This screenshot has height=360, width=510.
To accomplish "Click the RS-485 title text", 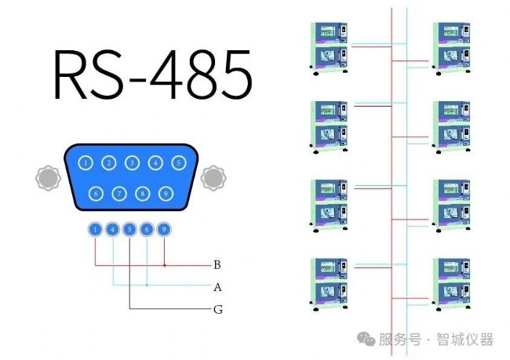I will [x=153, y=77].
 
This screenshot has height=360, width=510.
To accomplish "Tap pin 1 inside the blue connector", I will [x=86, y=163].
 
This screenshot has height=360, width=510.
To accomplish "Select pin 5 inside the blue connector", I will [x=180, y=163].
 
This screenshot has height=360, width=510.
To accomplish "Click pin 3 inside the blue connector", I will [x=133, y=163].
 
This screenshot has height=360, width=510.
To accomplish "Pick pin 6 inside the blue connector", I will [x=96, y=192].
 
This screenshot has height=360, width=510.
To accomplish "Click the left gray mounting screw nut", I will [x=48, y=177].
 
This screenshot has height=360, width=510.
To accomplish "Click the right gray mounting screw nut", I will [x=213, y=177].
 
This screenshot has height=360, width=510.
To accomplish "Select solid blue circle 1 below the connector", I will [x=95, y=230].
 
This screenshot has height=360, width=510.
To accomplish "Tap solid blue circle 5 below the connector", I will [x=129, y=230].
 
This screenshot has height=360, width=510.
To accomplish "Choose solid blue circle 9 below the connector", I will [x=164, y=230].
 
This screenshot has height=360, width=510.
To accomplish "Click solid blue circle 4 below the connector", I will [x=112, y=230].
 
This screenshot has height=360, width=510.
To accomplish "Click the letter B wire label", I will [x=217, y=265].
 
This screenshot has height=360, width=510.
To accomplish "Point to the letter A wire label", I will [x=217, y=287].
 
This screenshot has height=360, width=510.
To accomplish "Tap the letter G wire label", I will [x=218, y=309].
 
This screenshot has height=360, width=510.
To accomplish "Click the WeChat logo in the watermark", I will [x=366, y=339].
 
